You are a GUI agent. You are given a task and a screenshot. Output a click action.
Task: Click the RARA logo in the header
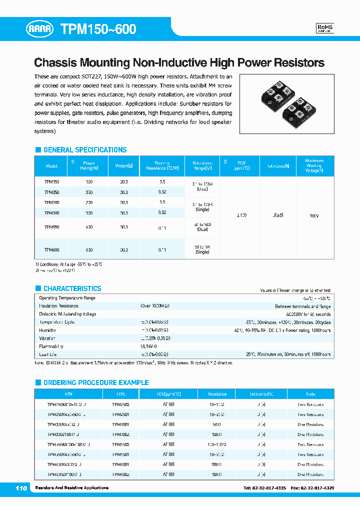click(42, 29)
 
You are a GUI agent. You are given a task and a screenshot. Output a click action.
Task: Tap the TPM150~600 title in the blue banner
click(98, 29)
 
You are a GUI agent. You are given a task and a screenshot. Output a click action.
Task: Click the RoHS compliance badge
click(325, 28)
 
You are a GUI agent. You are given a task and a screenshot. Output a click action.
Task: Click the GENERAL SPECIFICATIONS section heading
click(84, 150)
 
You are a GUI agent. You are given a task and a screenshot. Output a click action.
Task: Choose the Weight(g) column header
click(123, 166)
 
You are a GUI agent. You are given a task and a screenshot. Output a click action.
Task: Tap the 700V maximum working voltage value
click(314, 215)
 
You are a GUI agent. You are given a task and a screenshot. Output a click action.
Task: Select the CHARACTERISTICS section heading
click(72, 288)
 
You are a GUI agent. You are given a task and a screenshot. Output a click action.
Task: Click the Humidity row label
click(48, 330)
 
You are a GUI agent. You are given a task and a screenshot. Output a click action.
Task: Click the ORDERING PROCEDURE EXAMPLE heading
click(95, 382)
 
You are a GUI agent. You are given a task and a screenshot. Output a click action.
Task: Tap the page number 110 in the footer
click(21, 487)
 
